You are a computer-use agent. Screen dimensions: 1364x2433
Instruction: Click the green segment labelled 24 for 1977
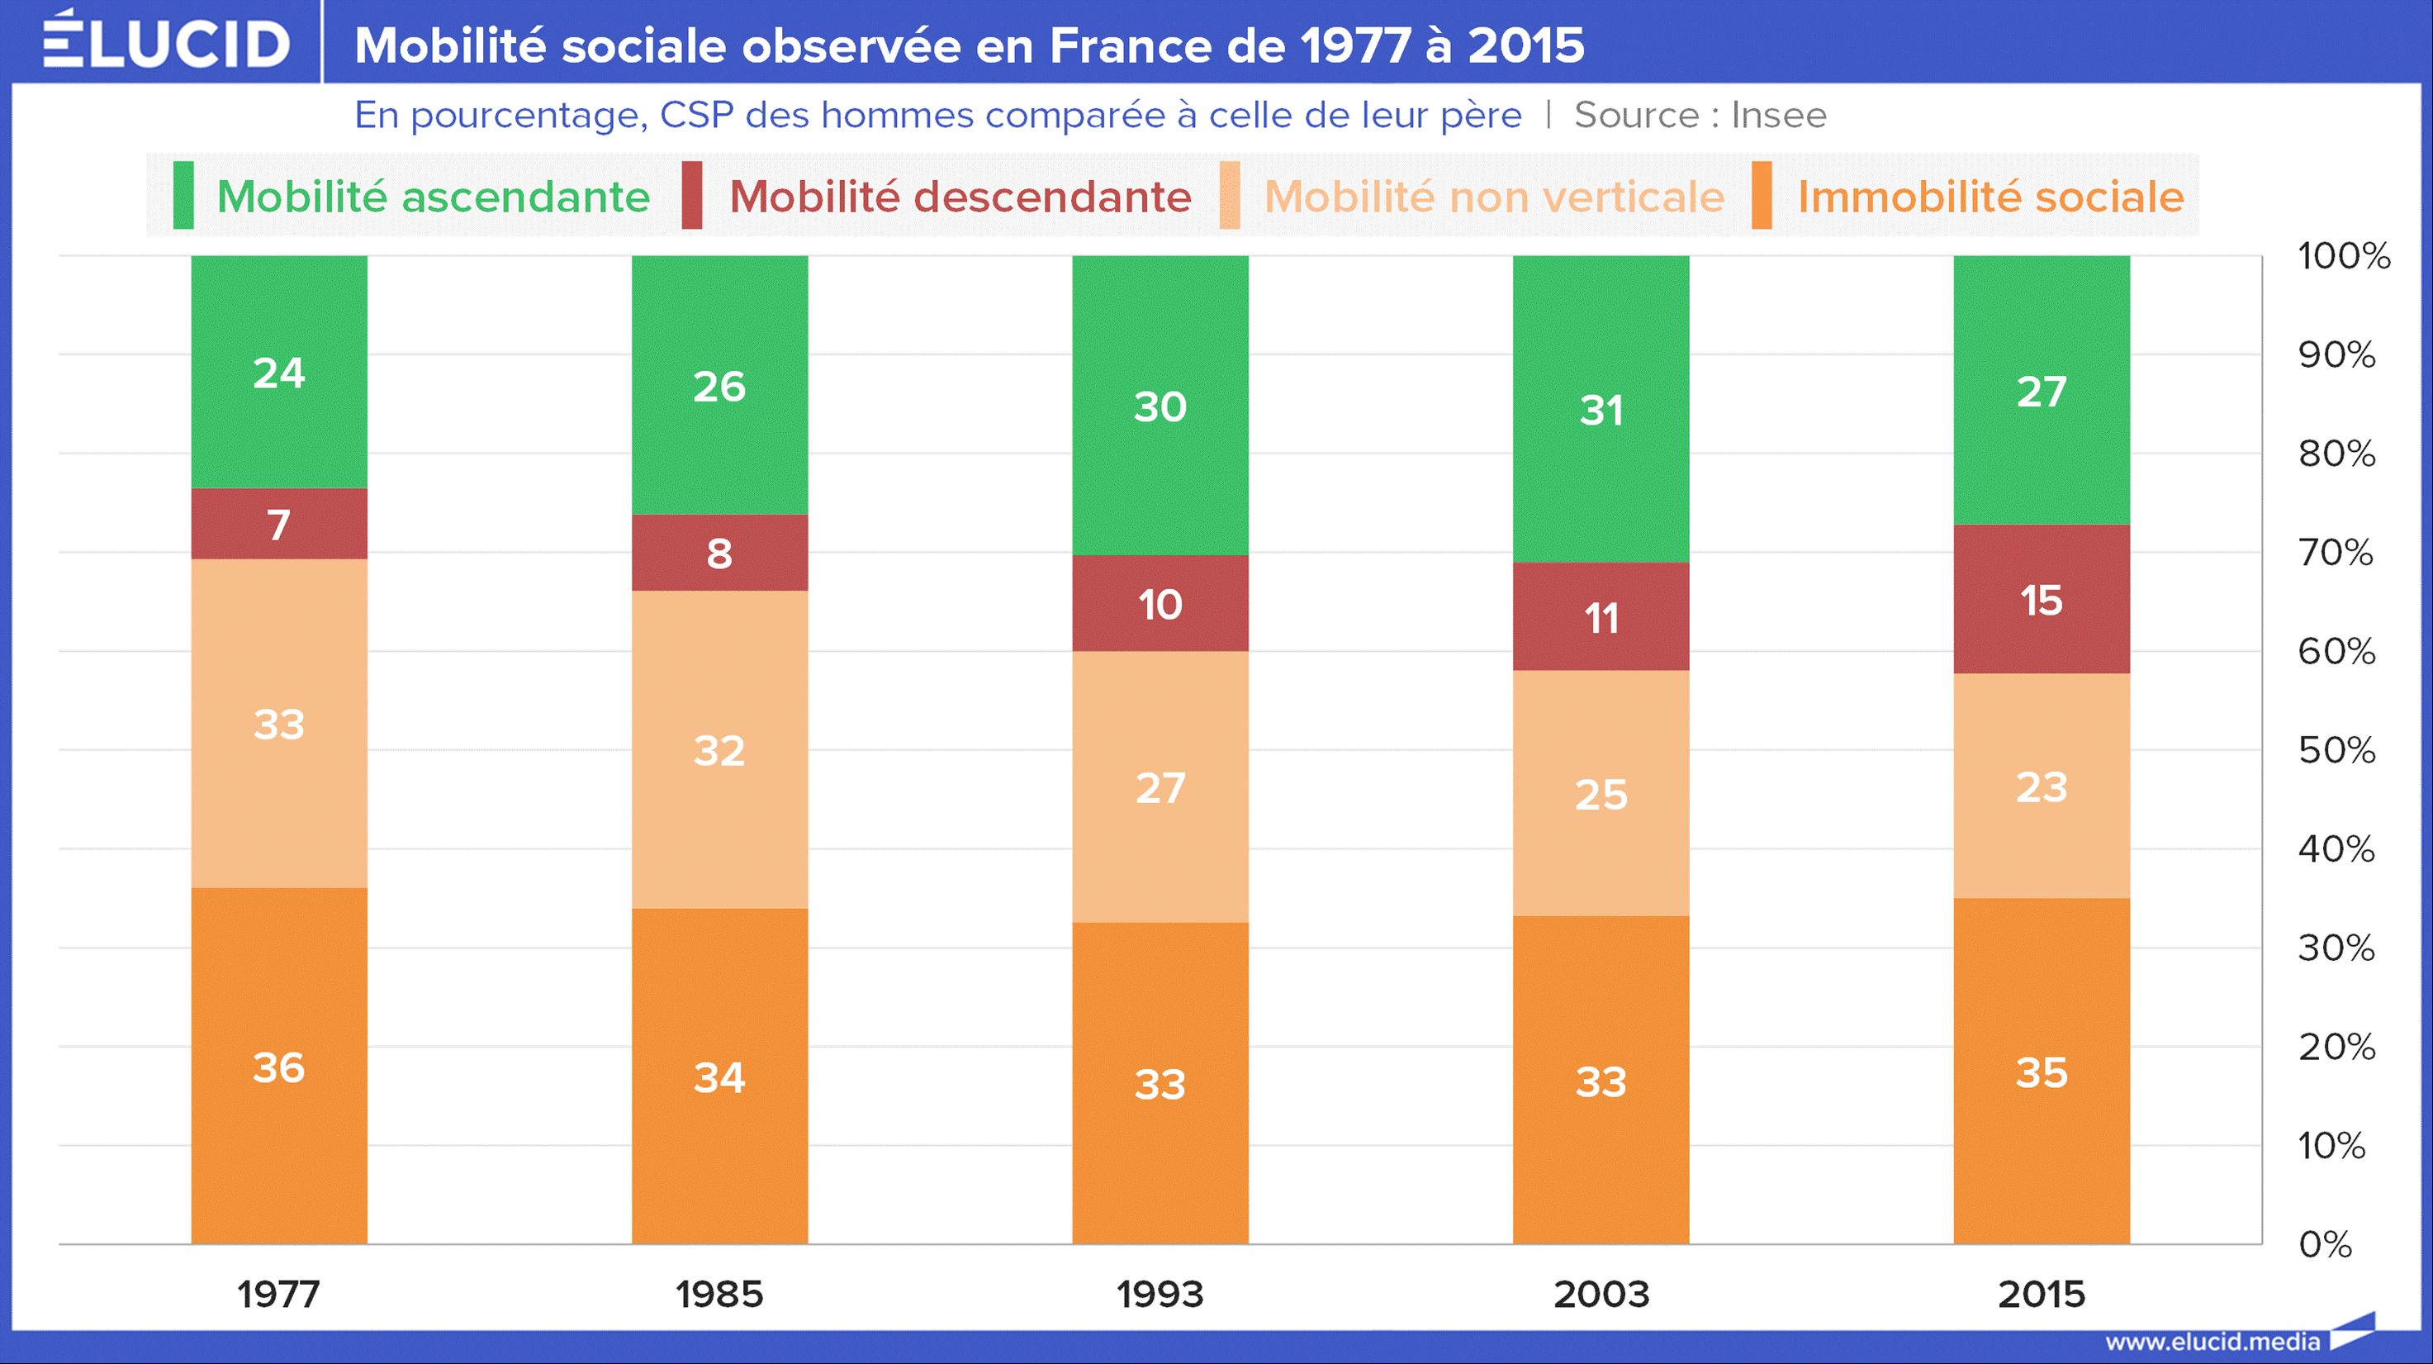pos(278,372)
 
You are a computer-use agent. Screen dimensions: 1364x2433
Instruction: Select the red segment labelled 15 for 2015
pos(2041,600)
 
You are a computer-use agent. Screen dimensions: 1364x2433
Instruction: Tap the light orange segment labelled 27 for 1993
pos(1160,787)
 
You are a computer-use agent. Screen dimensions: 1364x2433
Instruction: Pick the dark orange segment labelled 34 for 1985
pos(719,1076)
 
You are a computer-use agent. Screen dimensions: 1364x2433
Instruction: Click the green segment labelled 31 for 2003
pos(1601,410)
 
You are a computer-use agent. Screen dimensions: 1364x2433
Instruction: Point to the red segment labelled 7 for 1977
pos(278,525)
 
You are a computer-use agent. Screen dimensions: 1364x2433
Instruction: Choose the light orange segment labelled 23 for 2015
pos(2041,786)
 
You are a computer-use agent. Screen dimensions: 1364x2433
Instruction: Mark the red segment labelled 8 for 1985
pos(719,553)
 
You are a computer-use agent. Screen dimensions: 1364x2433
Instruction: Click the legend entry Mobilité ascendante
pos(433,197)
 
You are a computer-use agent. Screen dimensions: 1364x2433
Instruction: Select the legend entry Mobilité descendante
pos(960,197)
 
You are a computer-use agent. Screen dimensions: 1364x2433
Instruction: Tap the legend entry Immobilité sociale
pos(1990,197)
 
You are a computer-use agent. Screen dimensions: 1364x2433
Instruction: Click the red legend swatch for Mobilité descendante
pos(691,196)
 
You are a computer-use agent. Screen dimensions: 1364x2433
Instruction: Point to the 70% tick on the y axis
pos(2335,552)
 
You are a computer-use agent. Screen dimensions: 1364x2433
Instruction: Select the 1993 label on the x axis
pos(1160,1294)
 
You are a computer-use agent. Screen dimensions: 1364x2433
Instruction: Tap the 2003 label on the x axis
pos(1601,1294)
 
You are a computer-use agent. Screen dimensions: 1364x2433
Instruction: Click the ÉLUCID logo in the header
pos(166,42)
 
